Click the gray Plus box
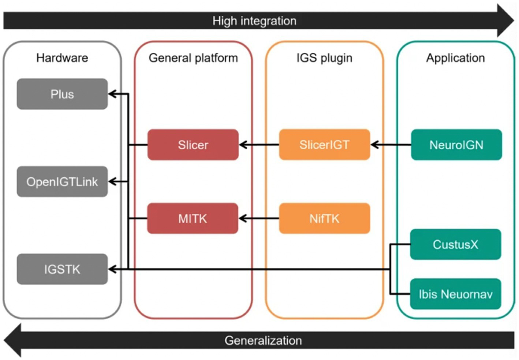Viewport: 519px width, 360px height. tap(62, 94)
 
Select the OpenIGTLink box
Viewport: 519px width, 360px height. tap(62, 182)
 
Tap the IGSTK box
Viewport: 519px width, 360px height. tap(62, 269)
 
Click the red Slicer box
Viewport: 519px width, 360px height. tap(193, 145)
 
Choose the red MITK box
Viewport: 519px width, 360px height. tap(193, 219)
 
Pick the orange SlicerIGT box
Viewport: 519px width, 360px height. tap(324, 145)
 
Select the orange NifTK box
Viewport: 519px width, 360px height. tap(324, 219)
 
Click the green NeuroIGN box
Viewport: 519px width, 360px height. tap(456, 145)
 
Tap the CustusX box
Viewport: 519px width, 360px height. tap(455, 244)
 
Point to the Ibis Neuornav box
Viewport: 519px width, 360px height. tap(455, 294)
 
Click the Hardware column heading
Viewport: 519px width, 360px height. tap(62, 58)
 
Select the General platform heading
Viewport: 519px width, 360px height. tap(193, 58)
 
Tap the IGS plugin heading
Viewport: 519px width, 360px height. tap(324, 58)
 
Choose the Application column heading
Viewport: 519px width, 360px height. tap(455, 58)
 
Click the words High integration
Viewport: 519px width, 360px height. tap(254, 21)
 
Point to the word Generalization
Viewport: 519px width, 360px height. tap(263, 341)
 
